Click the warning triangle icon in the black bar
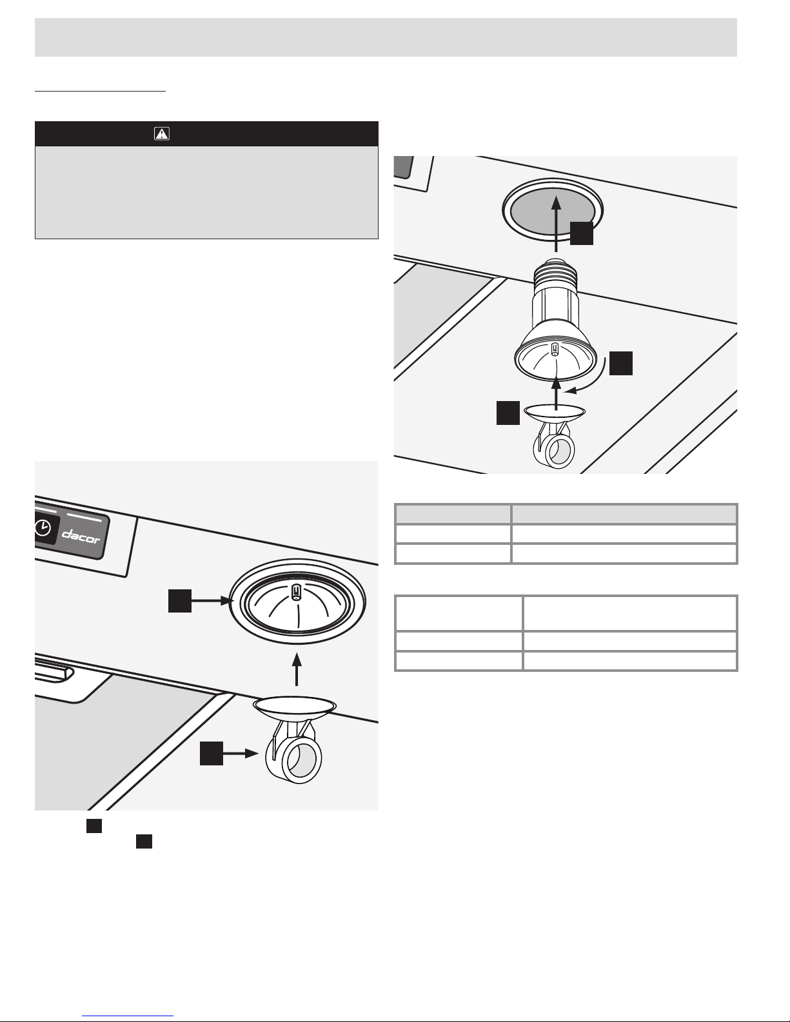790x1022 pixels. [161, 134]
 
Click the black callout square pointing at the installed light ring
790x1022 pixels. [180, 600]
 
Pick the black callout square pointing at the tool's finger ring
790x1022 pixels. [211, 754]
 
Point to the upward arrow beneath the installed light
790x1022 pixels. [296, 669]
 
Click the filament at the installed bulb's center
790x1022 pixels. [296, 592]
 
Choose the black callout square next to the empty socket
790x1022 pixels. [582, 233]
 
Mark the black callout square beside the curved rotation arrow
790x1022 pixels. [620, 363]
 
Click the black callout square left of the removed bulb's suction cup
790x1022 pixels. [508, 413]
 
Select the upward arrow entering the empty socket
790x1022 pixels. [557, 224]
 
